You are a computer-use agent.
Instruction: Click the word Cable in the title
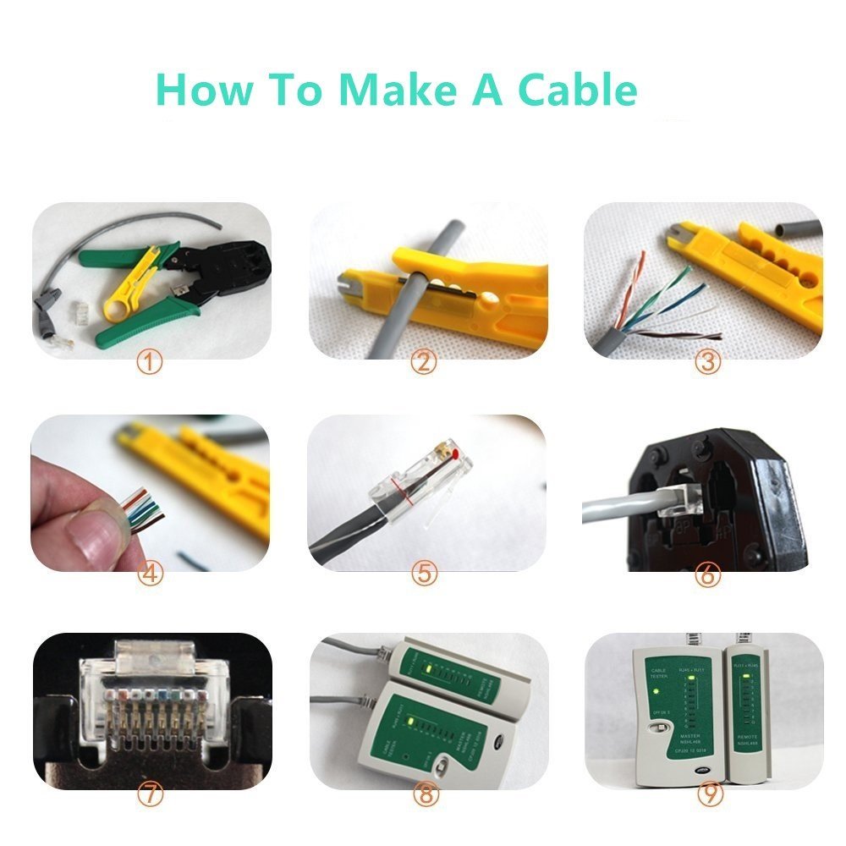click(x=576, y=90)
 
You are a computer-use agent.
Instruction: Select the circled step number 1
click(x=150, y=363)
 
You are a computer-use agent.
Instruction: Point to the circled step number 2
click(x=423, y=363)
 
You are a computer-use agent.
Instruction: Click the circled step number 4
click(x=150, y=574)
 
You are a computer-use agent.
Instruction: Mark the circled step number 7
click(x=150, y=794)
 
